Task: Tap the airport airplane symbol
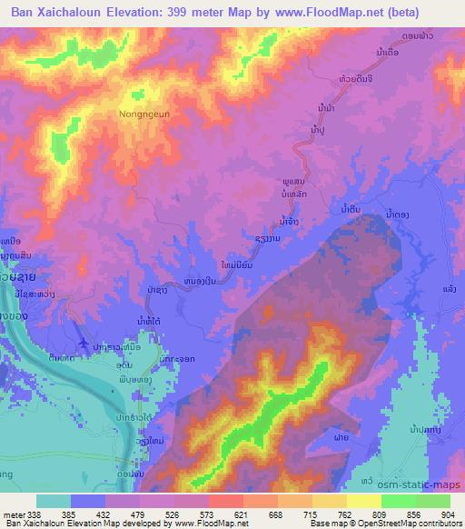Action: [x=84, y=343]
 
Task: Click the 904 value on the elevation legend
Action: [x=449, y=514]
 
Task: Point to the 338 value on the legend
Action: [x=35, y=514]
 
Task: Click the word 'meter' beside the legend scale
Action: [x=11, y=514]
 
